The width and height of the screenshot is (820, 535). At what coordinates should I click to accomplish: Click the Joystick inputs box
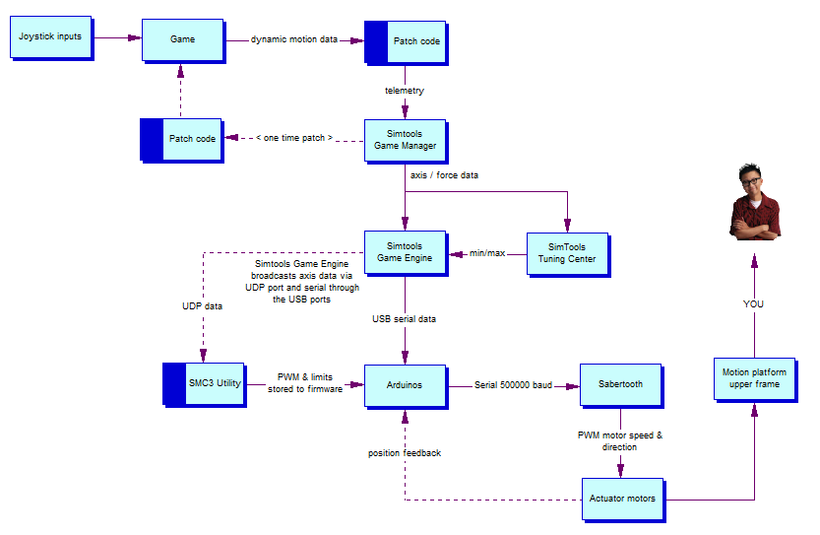point(52,38)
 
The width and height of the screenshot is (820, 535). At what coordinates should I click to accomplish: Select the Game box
point(183,40)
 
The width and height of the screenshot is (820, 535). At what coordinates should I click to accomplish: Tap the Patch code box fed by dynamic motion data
point(407,43)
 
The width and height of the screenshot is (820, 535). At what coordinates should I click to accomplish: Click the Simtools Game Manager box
point(407,141)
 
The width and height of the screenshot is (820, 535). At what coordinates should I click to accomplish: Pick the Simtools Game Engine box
point(407,253)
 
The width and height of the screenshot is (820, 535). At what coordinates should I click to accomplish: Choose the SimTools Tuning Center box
point(568,255)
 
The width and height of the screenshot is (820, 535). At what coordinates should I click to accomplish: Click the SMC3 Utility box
point(205,385)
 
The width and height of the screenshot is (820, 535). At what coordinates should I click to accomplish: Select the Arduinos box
point(407,387)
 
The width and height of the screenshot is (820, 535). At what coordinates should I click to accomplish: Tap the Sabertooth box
point(622,386)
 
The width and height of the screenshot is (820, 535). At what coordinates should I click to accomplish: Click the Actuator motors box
point(624,500)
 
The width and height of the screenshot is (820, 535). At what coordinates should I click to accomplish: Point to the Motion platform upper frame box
point(756,380)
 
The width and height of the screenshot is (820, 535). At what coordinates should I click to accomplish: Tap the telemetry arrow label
point(405,91)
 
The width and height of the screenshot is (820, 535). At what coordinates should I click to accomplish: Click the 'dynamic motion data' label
point(294,39)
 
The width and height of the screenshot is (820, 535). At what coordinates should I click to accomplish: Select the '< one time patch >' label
point(294,138)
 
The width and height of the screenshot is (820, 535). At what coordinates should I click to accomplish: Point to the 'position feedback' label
point(405,453)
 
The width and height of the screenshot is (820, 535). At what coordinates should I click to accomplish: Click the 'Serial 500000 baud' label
point(513,385)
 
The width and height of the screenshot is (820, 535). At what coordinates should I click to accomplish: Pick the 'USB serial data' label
point(404,319)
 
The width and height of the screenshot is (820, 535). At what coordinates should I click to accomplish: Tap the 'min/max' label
point(487,253)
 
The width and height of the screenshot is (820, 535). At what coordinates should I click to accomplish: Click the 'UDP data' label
point(202,306)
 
